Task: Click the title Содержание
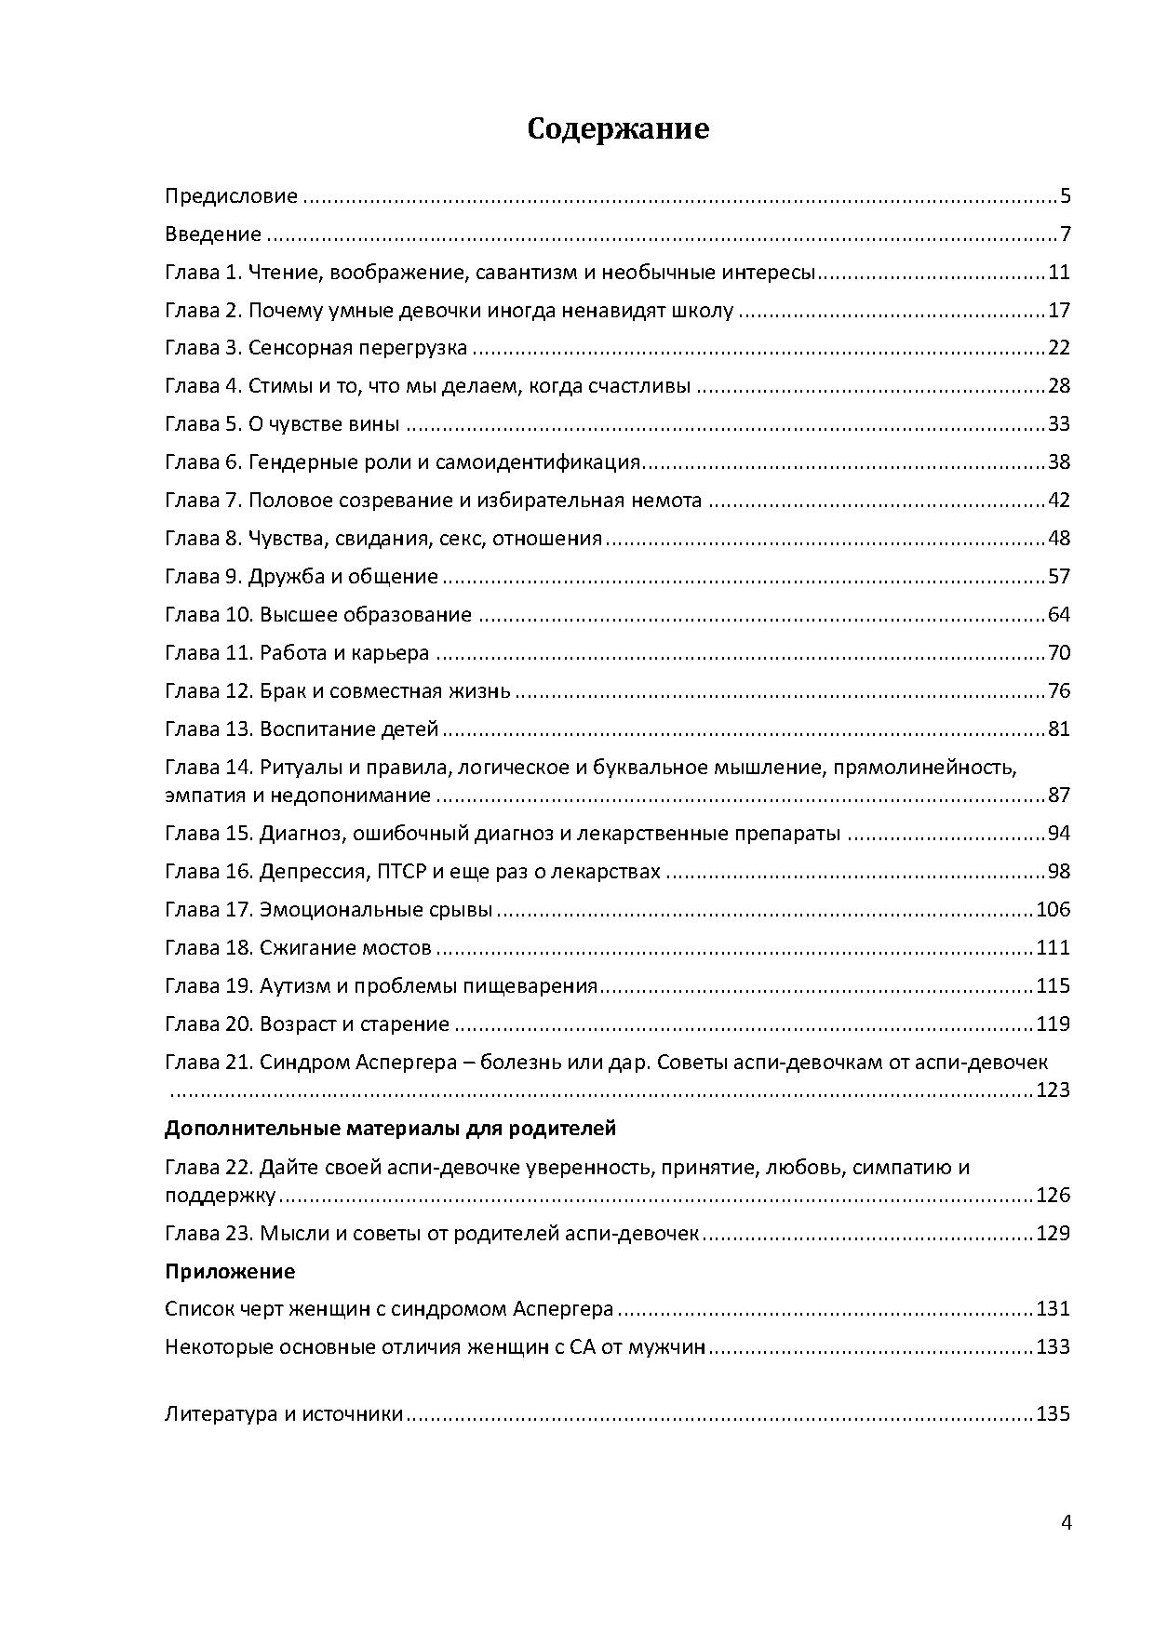coord(617,128)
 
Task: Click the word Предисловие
coord(231,196)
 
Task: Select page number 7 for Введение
coord(1065,234)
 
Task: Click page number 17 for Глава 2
coord(1059,311)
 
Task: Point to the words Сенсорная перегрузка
coord(357,349)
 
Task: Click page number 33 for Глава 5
coord(1059,424)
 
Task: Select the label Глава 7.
coord(203,501)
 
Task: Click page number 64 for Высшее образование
coord(1059,615)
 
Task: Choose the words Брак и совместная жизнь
coord(384,691)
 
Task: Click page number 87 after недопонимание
coord(1059,796)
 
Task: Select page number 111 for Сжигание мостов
coord(1053,948)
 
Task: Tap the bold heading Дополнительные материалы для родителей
coord(390,1129)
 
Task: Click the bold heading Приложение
coord(230,1271)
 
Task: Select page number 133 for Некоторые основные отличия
coord(1053,1347)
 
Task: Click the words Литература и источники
coord(283,1414)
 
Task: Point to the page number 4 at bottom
coord(1066,1523)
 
